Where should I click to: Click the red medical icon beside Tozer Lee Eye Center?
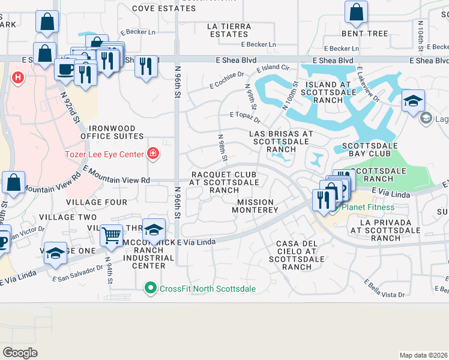[153, 154]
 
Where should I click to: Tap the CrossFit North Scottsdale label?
[207, 289]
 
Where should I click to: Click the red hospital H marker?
[18, 77]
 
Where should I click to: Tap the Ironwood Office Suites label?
[117, 132]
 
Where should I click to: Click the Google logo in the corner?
[20, 352]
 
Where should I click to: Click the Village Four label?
[97, 202]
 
